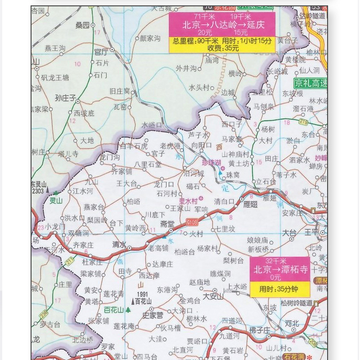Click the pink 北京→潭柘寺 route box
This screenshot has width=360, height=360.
coord(280,269)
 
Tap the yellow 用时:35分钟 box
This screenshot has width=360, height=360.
coord(280,289)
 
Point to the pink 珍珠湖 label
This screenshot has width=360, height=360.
coord(211,162)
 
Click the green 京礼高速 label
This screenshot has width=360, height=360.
coord(310,83)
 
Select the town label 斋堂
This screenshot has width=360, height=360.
coord(167,224)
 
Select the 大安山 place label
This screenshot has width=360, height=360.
coord(213,297)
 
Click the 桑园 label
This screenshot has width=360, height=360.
coord(82,26)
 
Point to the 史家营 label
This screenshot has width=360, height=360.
coord(153,315)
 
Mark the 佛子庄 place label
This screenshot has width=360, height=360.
coord(259,330)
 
